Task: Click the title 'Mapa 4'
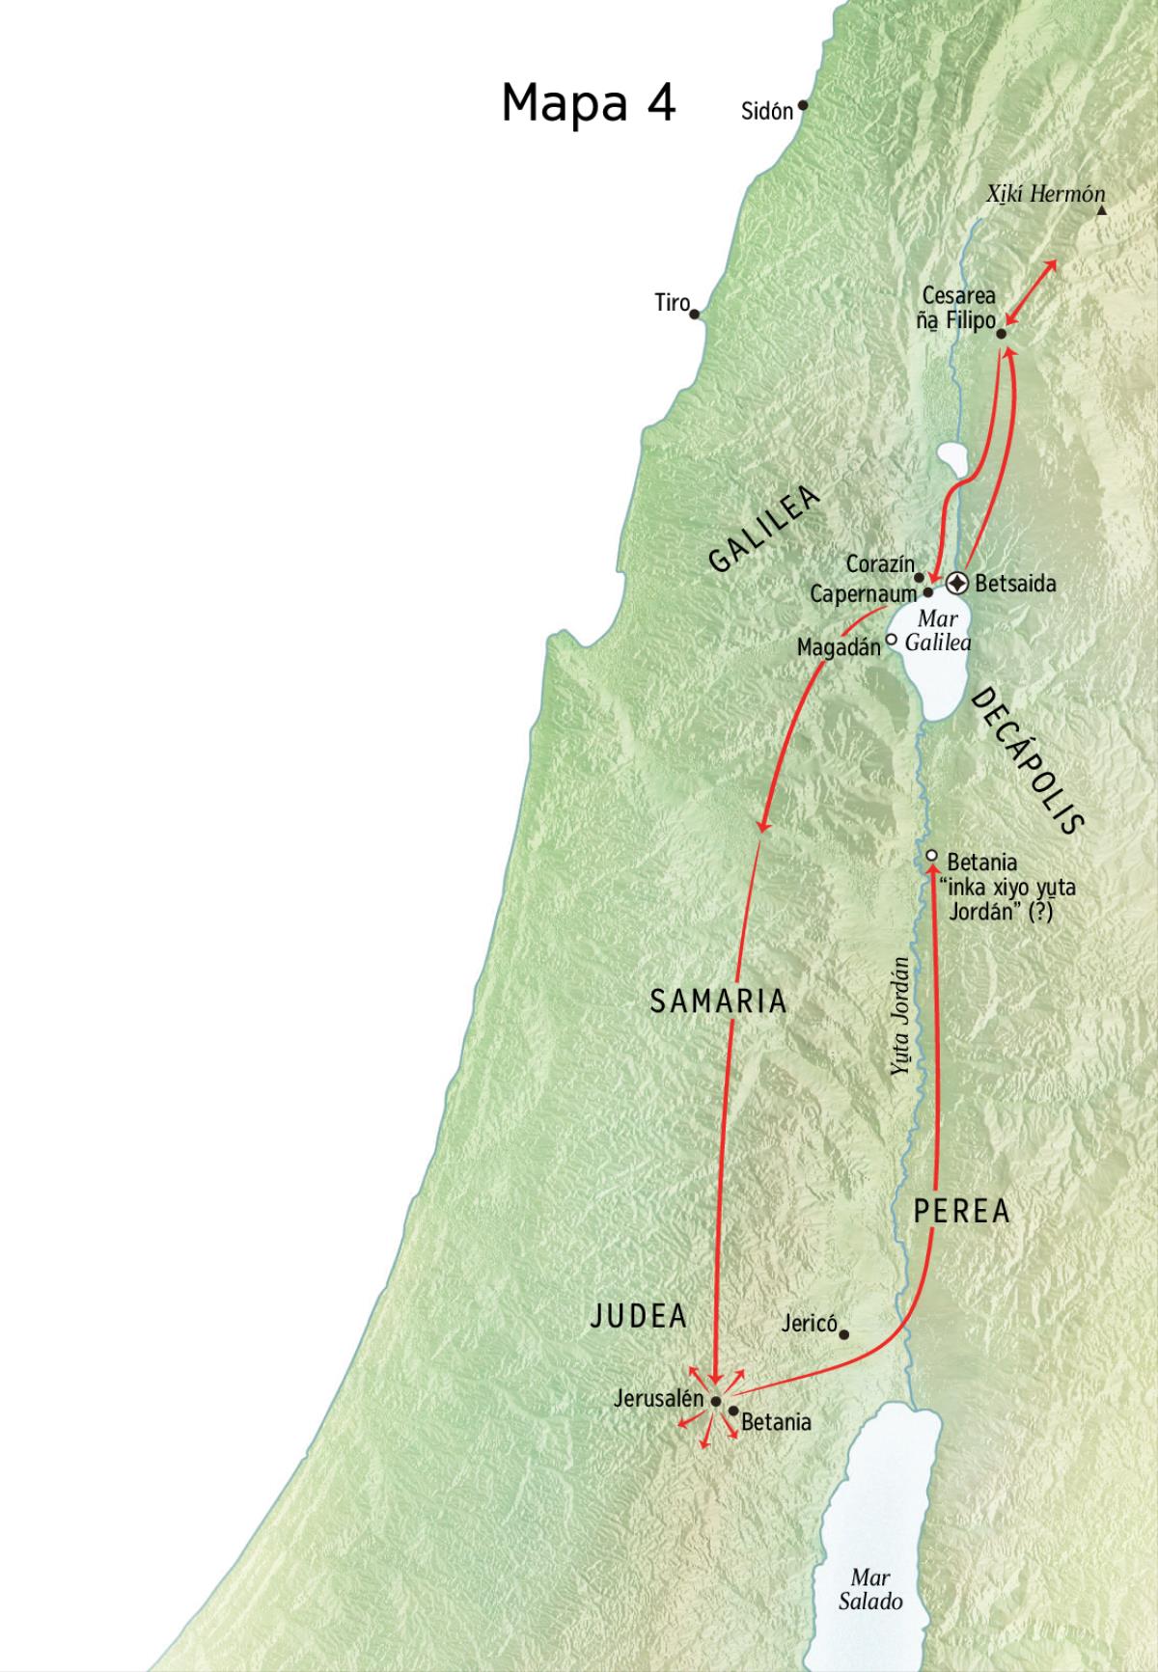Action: click(x=588, y=102)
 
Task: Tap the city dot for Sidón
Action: click(x=802, y=105)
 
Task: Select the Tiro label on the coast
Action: click(x=672, y=303)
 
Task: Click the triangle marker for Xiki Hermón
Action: click(x=1101, y=210)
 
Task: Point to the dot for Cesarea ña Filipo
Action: click(x=1001, y=334)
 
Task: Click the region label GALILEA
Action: click(x=763, y=530)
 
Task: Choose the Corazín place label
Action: click(x=879, y=563)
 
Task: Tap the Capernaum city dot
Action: click(x=928, y=592)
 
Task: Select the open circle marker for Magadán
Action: click(x=892, y=638)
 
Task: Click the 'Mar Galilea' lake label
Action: click(x=937, y=631)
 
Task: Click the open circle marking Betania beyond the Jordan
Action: click(x=931, y=856)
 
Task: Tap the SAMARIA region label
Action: click(x=718, y=1001)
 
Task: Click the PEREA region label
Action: click(x=961, y=1211)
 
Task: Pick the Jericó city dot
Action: click(x=843, y=1335)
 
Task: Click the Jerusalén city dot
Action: click(x=715, y=1401)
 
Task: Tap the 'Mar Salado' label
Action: click(x=869, y=1590)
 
